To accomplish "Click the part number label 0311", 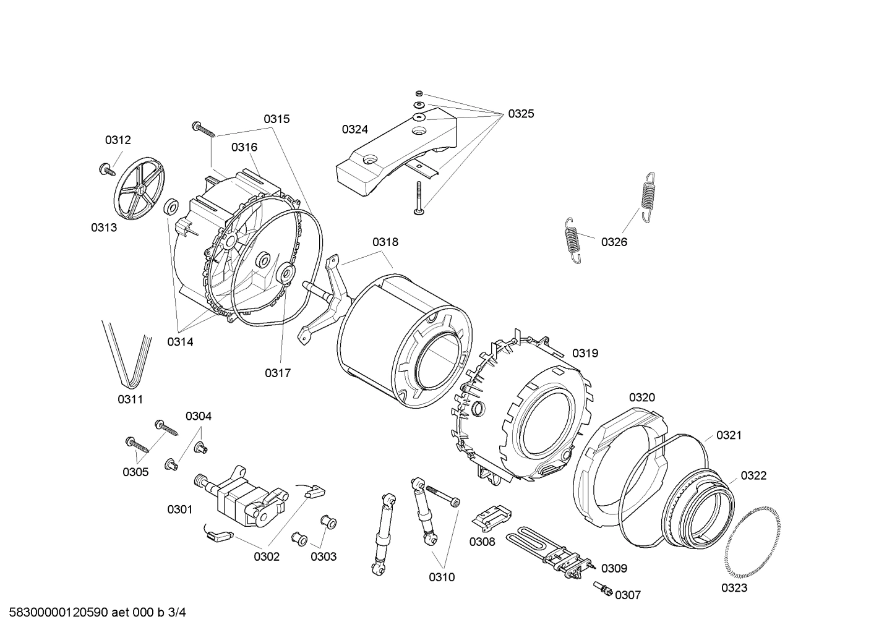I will pos(130,399).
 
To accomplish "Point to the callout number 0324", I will pos(354,129).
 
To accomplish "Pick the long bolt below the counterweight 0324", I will pos(419,198).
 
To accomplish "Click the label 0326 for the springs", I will pos(614,242).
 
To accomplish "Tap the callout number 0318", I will pos(385,242).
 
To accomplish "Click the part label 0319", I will pos(585,353).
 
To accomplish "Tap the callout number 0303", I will pos(323,556).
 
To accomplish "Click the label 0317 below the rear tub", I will pos(278,373).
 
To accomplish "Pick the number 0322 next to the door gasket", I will pos(753,475).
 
